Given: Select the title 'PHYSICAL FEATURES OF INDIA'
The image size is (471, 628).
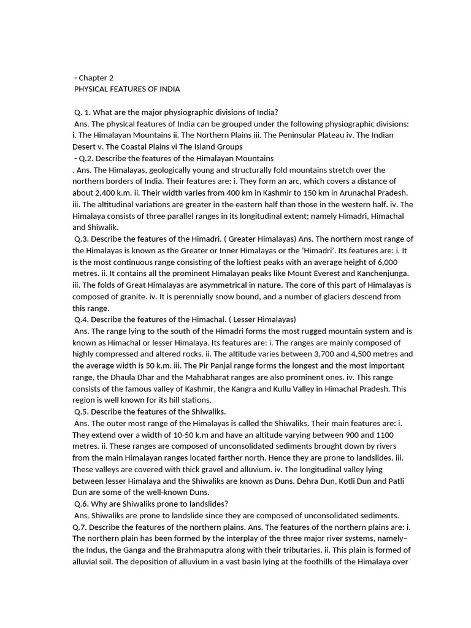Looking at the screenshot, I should point(127,89).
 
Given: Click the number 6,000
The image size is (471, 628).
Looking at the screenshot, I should point(399,262).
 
